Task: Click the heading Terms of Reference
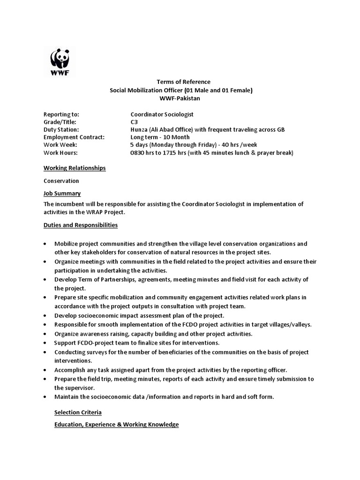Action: [180, 82]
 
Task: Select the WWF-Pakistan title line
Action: [180, 98]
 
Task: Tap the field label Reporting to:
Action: [61, 114]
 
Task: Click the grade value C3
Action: [134, 122]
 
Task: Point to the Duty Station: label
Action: [61, 129]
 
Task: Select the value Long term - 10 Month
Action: [160, 137]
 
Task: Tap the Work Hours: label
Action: [60, 152]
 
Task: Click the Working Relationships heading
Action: [75, 168]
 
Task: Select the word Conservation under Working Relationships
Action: [61, 180]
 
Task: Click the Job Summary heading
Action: [62, 193]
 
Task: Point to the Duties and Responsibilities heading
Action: [81, 225]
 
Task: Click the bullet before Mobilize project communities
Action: [45, 244]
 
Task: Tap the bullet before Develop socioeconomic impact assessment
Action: [45, 315]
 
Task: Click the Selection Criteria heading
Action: [78, 412]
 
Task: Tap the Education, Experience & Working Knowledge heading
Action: [116, 425]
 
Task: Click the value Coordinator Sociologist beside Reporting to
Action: [162, 114]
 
